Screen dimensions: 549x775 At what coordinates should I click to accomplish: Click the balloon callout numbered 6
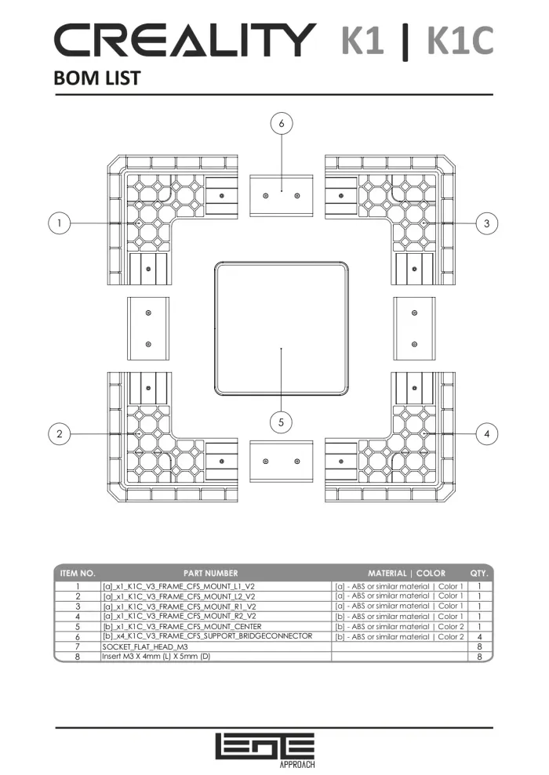point(282,124)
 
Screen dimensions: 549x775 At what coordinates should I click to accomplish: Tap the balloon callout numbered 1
point(60,223)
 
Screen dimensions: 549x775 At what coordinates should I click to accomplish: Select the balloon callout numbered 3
point(487,223)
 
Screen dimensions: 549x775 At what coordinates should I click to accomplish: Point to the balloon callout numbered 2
point(60,434)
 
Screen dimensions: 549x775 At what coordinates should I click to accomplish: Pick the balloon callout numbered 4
point(487,434)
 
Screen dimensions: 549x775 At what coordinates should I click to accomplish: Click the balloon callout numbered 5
point(281,422)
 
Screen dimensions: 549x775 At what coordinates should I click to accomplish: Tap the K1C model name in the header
point(460,40)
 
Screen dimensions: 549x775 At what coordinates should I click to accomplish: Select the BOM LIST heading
point(97,78)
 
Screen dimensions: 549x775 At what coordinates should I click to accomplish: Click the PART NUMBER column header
point(211,574)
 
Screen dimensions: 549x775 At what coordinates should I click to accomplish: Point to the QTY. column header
point(479,574)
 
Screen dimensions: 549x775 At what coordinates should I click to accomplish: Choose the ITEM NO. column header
point(78,574)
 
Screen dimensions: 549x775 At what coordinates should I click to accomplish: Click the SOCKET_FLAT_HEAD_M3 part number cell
point(145,646)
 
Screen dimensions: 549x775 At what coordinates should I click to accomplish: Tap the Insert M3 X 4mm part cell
point(156,657)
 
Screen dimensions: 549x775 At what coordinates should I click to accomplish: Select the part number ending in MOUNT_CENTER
point(182,626)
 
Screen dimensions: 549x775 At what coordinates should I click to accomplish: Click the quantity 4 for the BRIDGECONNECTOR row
point(479,636)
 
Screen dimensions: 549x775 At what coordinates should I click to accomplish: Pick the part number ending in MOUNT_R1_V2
point(179,607)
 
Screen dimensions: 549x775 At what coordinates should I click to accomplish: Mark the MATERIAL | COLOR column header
point(406,574)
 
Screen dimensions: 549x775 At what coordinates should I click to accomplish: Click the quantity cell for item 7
point(479,646)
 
